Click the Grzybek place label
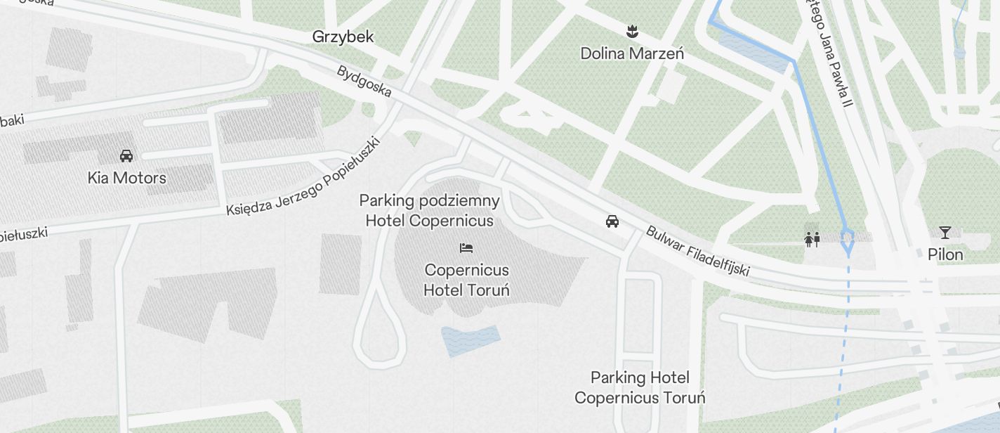tap(343, 37)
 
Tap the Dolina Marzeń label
tap(632, 53)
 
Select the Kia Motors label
tap(127, 178)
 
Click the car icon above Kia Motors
tap(126, 156)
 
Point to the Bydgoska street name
tap(364, 82)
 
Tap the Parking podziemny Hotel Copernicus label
tap(430, 210)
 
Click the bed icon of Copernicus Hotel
tap(466, 248)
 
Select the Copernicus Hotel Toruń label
tap(467, 280)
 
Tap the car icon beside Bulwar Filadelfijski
tap(612, 222)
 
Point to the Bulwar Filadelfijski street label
tap(697, 250)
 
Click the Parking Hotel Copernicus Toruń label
tap(640, 387)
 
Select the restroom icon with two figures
tap(812, 240)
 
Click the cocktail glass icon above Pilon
tap(945, 233)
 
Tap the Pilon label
tap(945, 254)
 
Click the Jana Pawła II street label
tap(827, 53)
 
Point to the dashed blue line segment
tap(843, 337)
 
